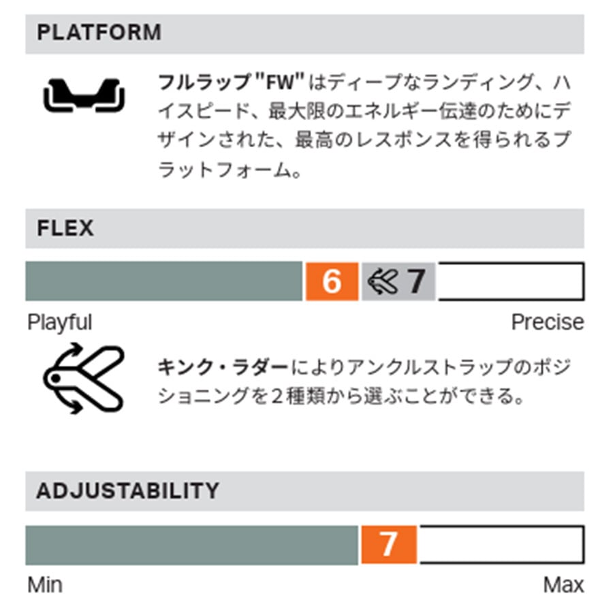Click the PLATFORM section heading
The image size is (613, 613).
(99, 33)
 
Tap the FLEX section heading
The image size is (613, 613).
(65, 227)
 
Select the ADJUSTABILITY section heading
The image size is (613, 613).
(127, 490)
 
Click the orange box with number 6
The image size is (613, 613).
(332, 281)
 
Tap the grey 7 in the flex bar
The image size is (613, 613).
(415, 281)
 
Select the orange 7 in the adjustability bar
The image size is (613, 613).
(388, 544)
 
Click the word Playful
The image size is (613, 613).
(60, 322)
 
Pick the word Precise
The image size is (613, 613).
(547, 322)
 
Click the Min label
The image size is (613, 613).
(44, 584)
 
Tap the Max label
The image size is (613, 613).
(563, 584)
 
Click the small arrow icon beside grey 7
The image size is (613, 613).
(383, 281)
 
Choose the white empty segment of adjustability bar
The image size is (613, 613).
(501, 544)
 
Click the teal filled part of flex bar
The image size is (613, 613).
(163, 281)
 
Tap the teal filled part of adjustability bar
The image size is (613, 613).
(191, 544)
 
